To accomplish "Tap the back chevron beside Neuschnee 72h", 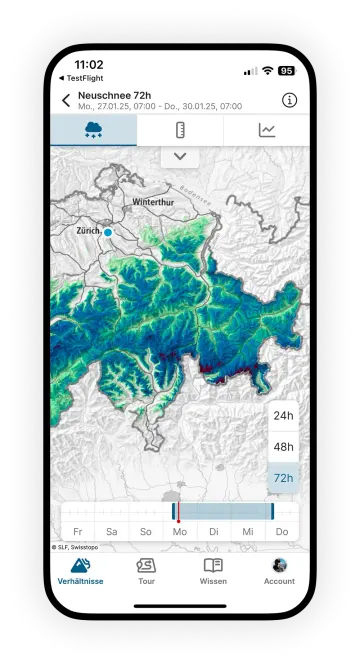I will (66, 100).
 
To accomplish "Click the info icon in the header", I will (289, 100).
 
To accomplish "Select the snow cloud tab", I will (94, 130).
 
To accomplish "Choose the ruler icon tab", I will (180, 130).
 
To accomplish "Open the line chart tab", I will (266, 130).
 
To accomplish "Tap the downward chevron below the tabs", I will (180, 156).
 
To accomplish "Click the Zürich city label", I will (88, 230).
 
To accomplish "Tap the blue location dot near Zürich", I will (108, 232).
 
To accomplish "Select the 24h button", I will (283, 415).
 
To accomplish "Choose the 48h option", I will (283, 446).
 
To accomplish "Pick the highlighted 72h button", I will (283, 478).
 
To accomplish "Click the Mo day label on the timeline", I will (180, 531).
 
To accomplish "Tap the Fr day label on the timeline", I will (78, 531).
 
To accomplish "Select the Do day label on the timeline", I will (282, 531).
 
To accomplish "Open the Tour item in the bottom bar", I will (146, 571).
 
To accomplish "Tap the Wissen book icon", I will (213, 565).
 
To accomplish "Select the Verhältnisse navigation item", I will (80, 571).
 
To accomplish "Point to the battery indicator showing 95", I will (286, 71).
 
